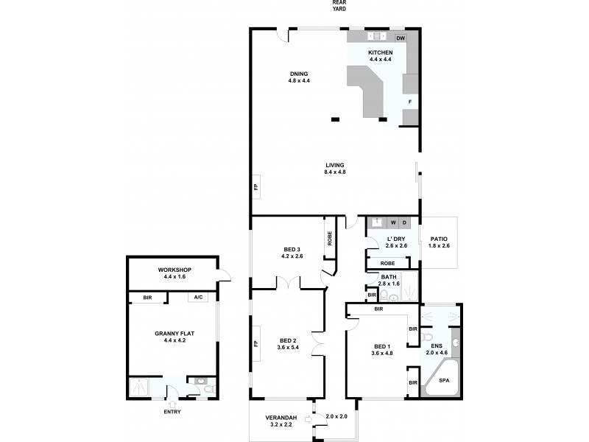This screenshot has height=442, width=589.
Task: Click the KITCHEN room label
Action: (x=380, y=53)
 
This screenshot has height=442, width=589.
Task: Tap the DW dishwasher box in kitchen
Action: (x=401, y=38)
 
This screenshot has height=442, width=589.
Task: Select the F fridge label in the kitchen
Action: (x=410, y=100)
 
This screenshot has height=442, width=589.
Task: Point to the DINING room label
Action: (x=298, y=74)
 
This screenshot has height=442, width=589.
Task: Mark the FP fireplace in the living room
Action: (x=256, y=186)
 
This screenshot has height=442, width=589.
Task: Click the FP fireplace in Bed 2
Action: (x=256, y=343)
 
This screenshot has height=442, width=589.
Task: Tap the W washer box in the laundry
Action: (x=393, y=222)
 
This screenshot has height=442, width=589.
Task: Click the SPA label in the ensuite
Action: (x=443, y=382)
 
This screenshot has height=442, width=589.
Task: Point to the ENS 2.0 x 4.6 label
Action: (x=436, y=349)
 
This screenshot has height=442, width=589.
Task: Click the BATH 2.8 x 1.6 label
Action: (x=389, y=280)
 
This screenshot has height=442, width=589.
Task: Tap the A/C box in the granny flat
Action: (x=197, y=298)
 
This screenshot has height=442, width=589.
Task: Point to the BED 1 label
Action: (x=382, y=349)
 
